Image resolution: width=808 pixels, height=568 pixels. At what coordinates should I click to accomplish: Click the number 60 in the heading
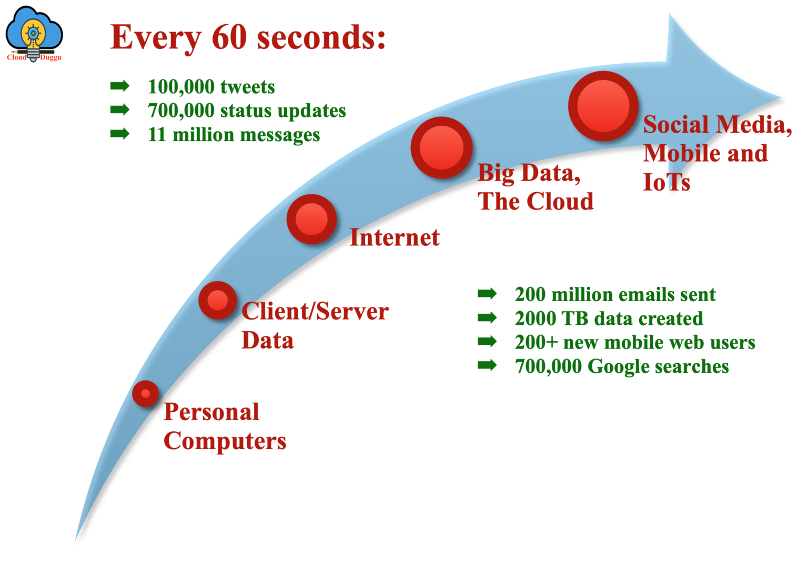click(x=229, y=37)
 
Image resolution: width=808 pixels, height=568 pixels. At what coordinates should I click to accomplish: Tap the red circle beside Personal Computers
click(x=146, y=394)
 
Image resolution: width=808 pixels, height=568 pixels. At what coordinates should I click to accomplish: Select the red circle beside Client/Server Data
click(x=217, y=301)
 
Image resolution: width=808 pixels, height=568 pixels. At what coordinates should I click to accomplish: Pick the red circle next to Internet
click(x=311, y=219)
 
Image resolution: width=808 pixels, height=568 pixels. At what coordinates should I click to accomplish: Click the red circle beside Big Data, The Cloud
click(x=441, y=148)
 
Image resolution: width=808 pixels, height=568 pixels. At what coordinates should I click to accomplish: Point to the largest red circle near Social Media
click(x=603, y=106)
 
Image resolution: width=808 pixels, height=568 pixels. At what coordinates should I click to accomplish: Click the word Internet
click(x=394, y=237)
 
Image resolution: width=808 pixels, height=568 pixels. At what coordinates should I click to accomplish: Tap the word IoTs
click(x=666, y=182)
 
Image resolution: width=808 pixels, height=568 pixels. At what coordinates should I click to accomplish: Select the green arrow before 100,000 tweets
click(x=120, y=86)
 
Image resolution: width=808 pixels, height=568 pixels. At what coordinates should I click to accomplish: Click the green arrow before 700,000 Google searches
click(x=487, y=365)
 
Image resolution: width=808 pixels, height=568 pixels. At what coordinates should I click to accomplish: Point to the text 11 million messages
click(x=234, y=135)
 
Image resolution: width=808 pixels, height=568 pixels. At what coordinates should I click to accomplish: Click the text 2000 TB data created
click(x=609, y=318)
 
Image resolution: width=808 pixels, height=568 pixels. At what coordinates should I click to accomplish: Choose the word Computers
click(x=225, y=441)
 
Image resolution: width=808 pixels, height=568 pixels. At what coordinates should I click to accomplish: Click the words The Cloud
click(x=536, y=202)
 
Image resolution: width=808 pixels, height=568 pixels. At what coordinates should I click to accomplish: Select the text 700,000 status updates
click(x=247, y=111)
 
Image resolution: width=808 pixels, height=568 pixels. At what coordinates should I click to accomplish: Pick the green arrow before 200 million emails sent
click(x=487, y=294)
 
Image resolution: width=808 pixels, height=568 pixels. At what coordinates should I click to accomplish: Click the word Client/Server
click(x=315, y=312)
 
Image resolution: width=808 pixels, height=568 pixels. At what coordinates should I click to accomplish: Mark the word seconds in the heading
click(x=321, y=37)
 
